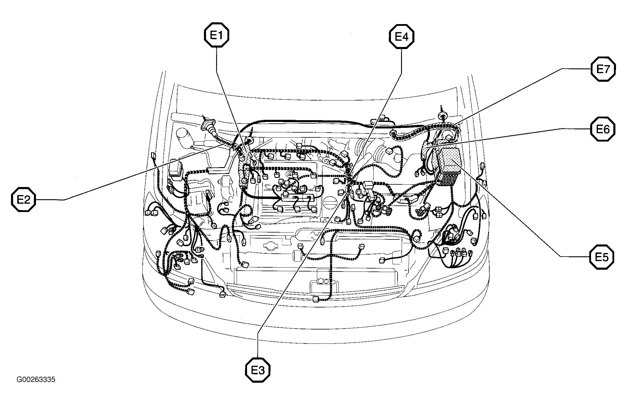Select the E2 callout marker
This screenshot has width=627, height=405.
pos(23,200)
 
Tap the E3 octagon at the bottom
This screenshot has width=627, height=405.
pos(258,370)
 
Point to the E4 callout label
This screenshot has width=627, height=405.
pos(401,37)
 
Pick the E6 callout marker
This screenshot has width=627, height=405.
pos(603,129)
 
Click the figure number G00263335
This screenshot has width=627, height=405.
pos(36,380)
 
